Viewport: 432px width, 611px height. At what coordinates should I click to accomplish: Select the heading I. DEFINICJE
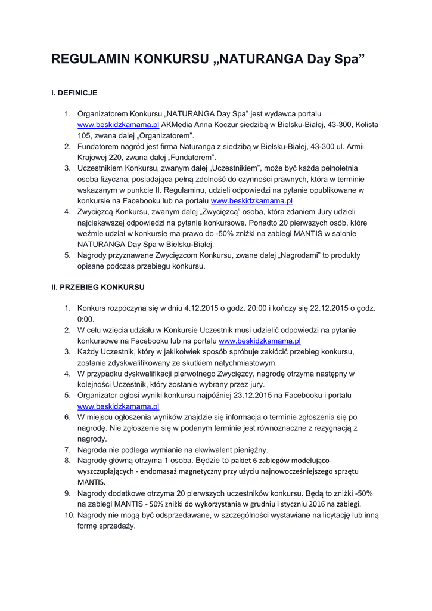click(x=74, y=93)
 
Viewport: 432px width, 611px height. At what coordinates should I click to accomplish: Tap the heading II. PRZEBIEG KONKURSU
click(x=98, y=287)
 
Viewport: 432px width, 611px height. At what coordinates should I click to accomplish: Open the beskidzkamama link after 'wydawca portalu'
click(x=119, y=124)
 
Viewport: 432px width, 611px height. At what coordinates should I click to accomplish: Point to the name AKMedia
click(x=178, y=124)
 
